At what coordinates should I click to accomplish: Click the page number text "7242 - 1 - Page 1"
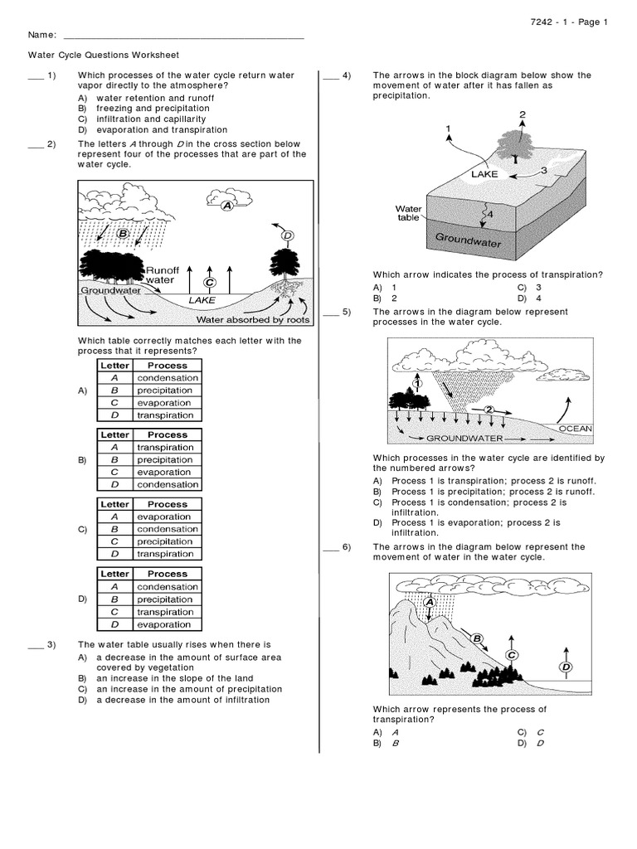(571, 22)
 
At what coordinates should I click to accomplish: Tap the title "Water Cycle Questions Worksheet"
(103, 55)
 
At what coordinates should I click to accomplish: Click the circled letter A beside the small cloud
(226, 206)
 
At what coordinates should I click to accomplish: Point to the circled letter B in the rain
(123, 234)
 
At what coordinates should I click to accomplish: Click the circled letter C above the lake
(210, 282)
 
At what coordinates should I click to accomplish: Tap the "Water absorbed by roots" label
(252, 319)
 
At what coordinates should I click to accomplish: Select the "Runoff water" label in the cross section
(163, 275)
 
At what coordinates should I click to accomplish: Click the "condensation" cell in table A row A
(168, 378)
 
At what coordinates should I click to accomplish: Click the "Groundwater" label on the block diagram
(469, 241)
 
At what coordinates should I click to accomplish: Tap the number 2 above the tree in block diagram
(522, 114)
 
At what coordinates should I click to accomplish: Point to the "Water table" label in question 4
(408, 213)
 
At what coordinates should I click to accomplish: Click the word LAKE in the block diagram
(484, 175)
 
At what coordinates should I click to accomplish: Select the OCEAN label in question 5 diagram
(576, 429)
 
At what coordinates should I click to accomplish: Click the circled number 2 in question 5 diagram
(489, 410)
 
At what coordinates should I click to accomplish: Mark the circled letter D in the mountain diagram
(566, 667)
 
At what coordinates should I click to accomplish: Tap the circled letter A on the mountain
(430, 603)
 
